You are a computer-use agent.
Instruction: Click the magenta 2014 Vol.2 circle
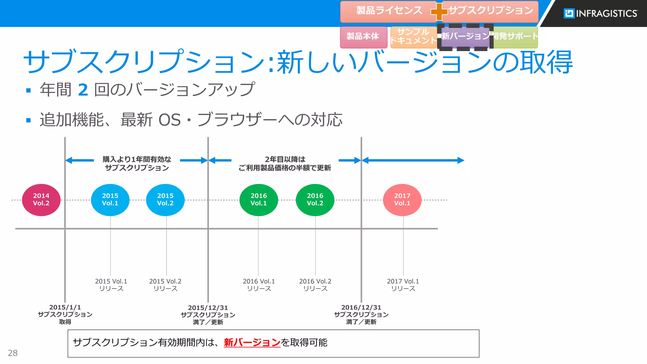(41, 200)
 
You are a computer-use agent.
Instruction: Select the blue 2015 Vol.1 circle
(110, 200)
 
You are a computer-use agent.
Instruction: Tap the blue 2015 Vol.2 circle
(165, 200)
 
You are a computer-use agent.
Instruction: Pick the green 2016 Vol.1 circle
(258, 200)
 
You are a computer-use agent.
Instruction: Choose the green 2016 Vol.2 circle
(315, 200)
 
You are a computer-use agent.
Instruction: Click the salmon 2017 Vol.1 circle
(402, 200)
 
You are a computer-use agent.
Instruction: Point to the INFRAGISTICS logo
(600, 13)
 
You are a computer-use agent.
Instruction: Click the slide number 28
(13, 353)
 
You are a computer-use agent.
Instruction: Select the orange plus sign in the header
(439, 12)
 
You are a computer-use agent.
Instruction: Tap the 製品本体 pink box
(363, 37)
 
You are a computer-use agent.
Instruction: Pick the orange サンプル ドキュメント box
(413, 37)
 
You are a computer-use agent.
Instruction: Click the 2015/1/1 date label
(65, 307)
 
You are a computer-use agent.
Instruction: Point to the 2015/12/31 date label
(208, 308)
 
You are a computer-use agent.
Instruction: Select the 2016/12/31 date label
(361, 307)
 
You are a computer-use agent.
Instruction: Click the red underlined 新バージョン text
(252, 343)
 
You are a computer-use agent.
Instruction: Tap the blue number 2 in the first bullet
(83, 90)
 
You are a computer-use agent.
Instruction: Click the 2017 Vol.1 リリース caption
(403, 285)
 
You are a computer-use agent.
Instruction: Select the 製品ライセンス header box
(389, 11)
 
